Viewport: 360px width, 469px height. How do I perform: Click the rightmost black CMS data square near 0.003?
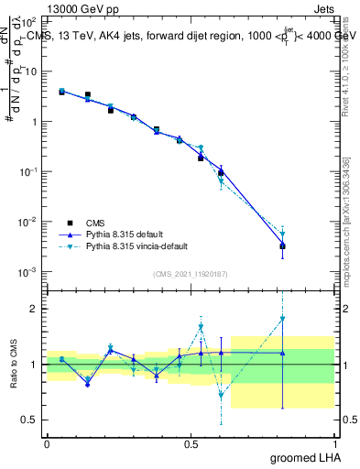tap(283, 246)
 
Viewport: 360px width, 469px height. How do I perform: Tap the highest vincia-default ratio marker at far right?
tap(283, 319)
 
